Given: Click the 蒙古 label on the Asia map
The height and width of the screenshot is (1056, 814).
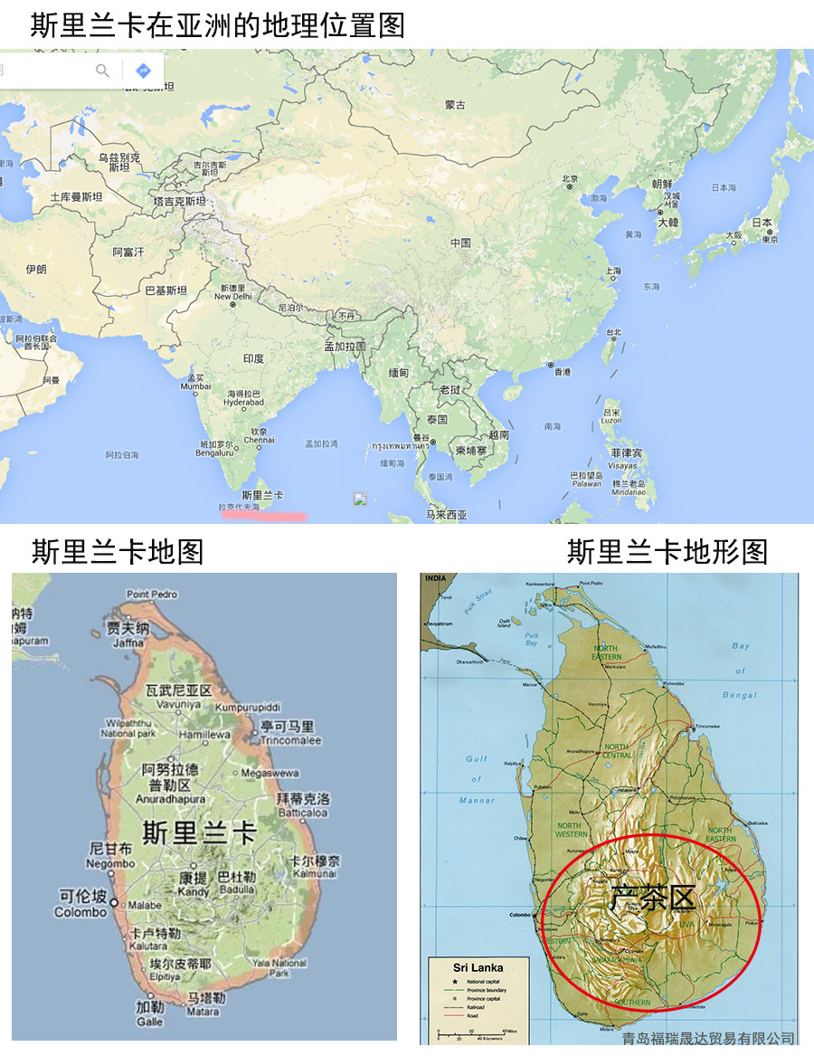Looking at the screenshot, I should tap(455, 105).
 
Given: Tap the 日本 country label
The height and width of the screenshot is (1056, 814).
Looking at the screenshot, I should tap(762, 223).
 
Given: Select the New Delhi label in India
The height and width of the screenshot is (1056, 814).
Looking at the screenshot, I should tap(232, 296).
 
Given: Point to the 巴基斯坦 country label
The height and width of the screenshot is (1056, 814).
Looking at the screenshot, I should tap(166, 290).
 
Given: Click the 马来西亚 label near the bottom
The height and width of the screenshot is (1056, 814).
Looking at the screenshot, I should tap(447, 514).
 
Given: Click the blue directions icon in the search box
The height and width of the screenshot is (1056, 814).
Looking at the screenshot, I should tap(143, 71).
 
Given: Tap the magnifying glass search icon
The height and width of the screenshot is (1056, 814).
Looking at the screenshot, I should tap(103, 71).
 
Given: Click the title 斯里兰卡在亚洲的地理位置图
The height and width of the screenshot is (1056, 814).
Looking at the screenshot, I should tap(217, 24).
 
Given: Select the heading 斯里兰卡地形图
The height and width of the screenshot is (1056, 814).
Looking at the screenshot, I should tap(667, 551).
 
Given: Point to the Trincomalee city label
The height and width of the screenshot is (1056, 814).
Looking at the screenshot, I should tap(289, 740).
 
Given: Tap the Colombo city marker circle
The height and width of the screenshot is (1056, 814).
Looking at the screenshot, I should tap(114, 901).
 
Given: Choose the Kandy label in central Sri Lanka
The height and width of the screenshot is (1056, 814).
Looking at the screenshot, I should tap(194, 891).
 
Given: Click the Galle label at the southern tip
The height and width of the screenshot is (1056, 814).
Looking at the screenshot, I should tap(150, 1021).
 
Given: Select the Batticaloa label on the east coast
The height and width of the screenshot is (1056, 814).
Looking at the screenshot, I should tap(303, 813).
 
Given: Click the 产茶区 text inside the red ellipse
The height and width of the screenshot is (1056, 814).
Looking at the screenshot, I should tap(651, 898).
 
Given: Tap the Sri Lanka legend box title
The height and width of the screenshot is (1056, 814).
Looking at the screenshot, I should tap(478, 967).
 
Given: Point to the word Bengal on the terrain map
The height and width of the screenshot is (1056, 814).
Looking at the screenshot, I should tap(741, 695).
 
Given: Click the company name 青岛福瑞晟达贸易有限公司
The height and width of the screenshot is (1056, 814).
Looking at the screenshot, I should tap(708, 1038).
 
